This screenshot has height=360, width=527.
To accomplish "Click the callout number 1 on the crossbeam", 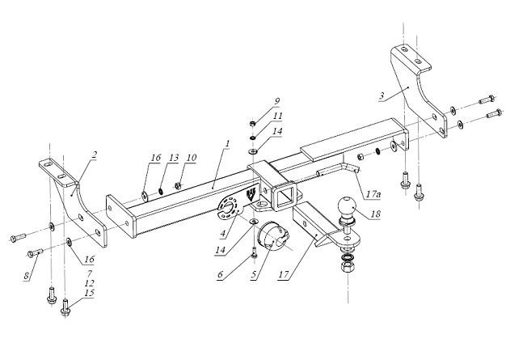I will [x=228, y=143].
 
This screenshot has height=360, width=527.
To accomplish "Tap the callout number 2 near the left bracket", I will [x=94, y=153].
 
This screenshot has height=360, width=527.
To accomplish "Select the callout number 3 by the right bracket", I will [x=382, y=97].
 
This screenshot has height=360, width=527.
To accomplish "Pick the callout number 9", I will [x=276, y=101].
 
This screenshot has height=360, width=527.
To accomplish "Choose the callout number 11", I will [x=276, y=116].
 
